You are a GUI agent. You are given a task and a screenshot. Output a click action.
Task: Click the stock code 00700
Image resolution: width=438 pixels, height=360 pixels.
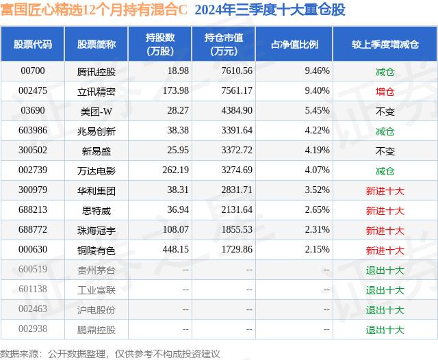click(33, 70)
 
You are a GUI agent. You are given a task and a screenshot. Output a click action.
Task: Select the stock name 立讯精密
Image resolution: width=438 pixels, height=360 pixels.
click(96, 90)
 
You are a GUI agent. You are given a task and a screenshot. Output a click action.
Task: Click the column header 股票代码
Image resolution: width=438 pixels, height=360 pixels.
click(33, 44)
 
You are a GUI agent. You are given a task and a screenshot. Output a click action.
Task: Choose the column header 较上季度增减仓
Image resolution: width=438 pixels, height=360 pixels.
click(385, 44)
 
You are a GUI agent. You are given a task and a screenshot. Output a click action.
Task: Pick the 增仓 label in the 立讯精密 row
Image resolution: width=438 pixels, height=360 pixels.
click(385, 90)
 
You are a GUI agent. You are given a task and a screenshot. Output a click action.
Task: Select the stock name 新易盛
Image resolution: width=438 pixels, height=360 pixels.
click(96, 150)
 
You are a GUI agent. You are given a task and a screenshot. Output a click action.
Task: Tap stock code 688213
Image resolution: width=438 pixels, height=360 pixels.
click(33, 209)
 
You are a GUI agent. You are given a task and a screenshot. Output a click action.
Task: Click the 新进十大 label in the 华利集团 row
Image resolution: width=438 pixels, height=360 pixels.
click(385, 190)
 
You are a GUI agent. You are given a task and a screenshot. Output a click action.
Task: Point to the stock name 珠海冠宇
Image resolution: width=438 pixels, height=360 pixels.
click(96, 229)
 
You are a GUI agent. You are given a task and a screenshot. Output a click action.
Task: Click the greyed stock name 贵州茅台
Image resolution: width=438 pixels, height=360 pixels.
click(96, 270)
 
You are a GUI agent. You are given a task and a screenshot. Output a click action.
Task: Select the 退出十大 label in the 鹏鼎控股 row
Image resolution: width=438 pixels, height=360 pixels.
click(385, 329)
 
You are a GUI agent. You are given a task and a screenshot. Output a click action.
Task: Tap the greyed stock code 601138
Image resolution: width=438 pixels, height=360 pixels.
click(33, 290)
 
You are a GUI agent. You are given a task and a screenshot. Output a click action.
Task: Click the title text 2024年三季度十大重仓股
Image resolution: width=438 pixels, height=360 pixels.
click(270, 10)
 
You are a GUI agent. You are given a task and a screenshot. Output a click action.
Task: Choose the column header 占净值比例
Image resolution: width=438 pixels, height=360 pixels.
click(294, 44)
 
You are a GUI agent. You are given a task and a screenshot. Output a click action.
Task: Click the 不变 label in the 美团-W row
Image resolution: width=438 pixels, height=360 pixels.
click(385, 110)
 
